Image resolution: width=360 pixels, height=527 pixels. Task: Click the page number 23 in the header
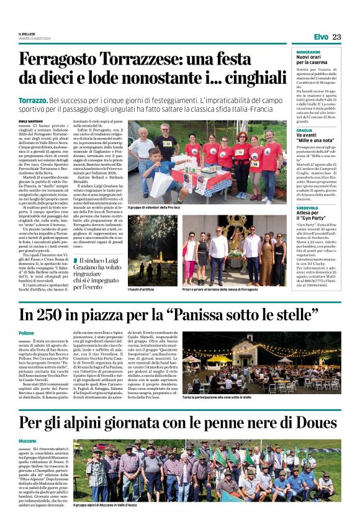pyautogui.click(x=336, y=37)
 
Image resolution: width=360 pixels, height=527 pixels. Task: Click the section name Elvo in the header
pyautogui.click(x=321, y=37)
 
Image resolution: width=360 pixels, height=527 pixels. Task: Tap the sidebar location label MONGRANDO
pyautogui.click(x=308, y=51)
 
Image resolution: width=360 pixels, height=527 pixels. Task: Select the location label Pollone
pyautogui.click(x=27, y=333)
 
